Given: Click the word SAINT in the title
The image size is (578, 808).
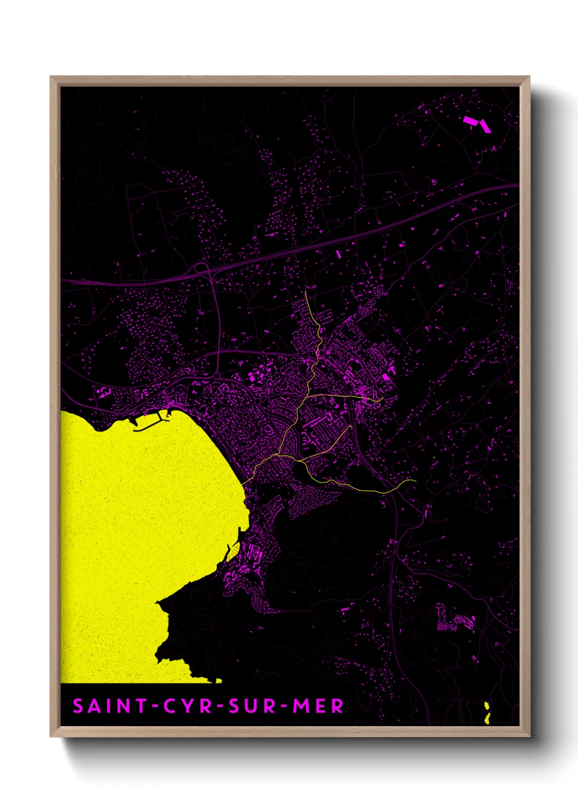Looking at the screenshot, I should click(104, 706).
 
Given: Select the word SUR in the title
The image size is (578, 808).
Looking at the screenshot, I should click(253, 706).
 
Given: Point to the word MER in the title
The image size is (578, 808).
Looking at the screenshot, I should click(319, 706).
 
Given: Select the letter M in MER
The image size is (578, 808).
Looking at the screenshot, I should click(302, 706).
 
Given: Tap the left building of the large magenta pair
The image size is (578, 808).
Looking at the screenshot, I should click(469, 121).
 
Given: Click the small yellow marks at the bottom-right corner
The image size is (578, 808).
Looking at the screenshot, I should click(487, 712).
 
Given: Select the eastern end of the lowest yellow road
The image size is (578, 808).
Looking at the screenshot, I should click(415, 481).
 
